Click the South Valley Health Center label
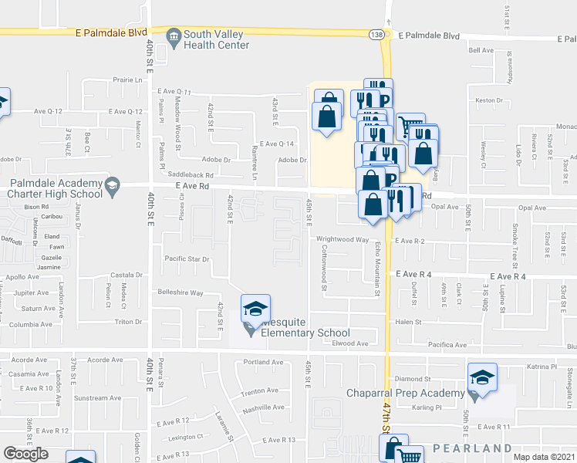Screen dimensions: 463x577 (x=216, y=39)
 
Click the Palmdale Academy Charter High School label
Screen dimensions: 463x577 (x=52, y=188)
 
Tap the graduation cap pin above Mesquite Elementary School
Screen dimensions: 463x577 (x=253, y=309)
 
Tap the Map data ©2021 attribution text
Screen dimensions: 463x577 (x=543, y=457)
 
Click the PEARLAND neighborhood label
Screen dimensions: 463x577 (x=472, y=448)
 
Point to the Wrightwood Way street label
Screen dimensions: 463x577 (x=340, y=239)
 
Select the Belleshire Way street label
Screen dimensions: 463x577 (x=181, y=293)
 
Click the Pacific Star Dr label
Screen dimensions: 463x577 (x=187, y=259)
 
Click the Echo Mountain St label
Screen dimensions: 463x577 (x=378, y=269)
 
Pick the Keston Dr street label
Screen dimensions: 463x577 (x=489, y=100)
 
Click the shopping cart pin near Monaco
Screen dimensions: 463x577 (x=410, y=124)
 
